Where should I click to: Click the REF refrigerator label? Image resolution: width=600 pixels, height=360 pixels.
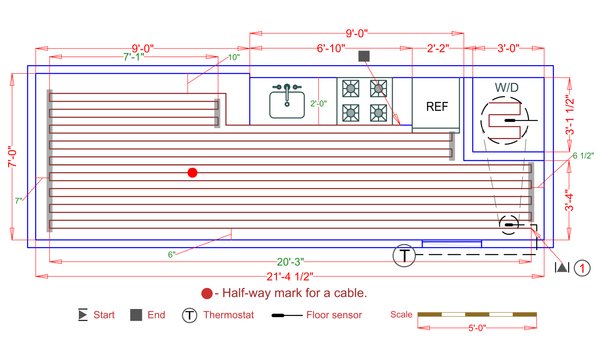point(437,107)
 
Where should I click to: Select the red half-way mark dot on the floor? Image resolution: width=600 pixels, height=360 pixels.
point(193,172)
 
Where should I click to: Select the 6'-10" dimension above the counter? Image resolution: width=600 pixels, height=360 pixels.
point(331,48)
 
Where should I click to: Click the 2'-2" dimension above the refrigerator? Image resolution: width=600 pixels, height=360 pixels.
point(437,48)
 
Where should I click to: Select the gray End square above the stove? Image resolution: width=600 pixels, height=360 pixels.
point(364,56)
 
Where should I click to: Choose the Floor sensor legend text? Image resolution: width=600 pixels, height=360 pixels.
point(333,315)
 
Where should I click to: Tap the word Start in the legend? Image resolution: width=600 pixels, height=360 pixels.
point(104,315)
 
